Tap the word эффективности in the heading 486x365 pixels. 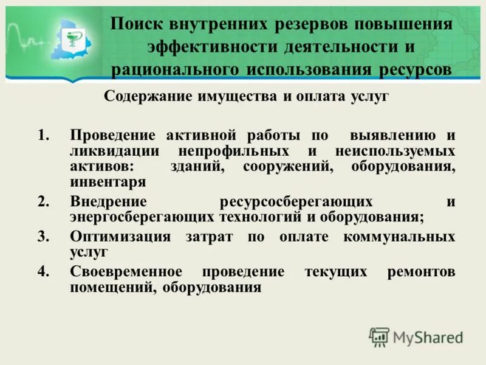tap(207, 47)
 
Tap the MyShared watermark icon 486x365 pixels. tap(379, 336)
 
